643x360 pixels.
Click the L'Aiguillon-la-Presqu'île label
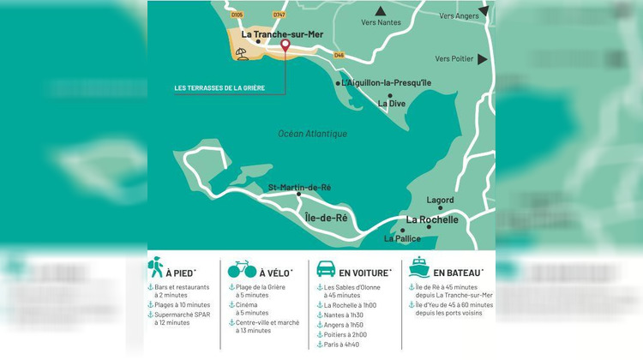click(x=386, y=83)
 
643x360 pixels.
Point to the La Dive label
click(x=392, y=104)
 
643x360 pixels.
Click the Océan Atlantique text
click(x=313, y=134)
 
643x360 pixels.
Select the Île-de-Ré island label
click(x=327, y=218)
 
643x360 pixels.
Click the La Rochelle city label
click(x=432, y=219)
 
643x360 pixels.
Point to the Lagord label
click(x=440, y=200)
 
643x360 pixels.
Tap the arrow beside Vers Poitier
click(x=484, y=59)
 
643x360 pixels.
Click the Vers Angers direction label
click(x=459, y=15)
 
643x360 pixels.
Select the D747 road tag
click(x=279, y=15)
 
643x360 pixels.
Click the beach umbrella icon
click(x=242, y=54)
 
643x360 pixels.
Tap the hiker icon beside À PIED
click(x=157, y=268)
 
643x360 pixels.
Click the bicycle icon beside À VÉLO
click(x=240, y=270)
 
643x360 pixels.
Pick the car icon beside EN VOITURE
click(x=326, y=269)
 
